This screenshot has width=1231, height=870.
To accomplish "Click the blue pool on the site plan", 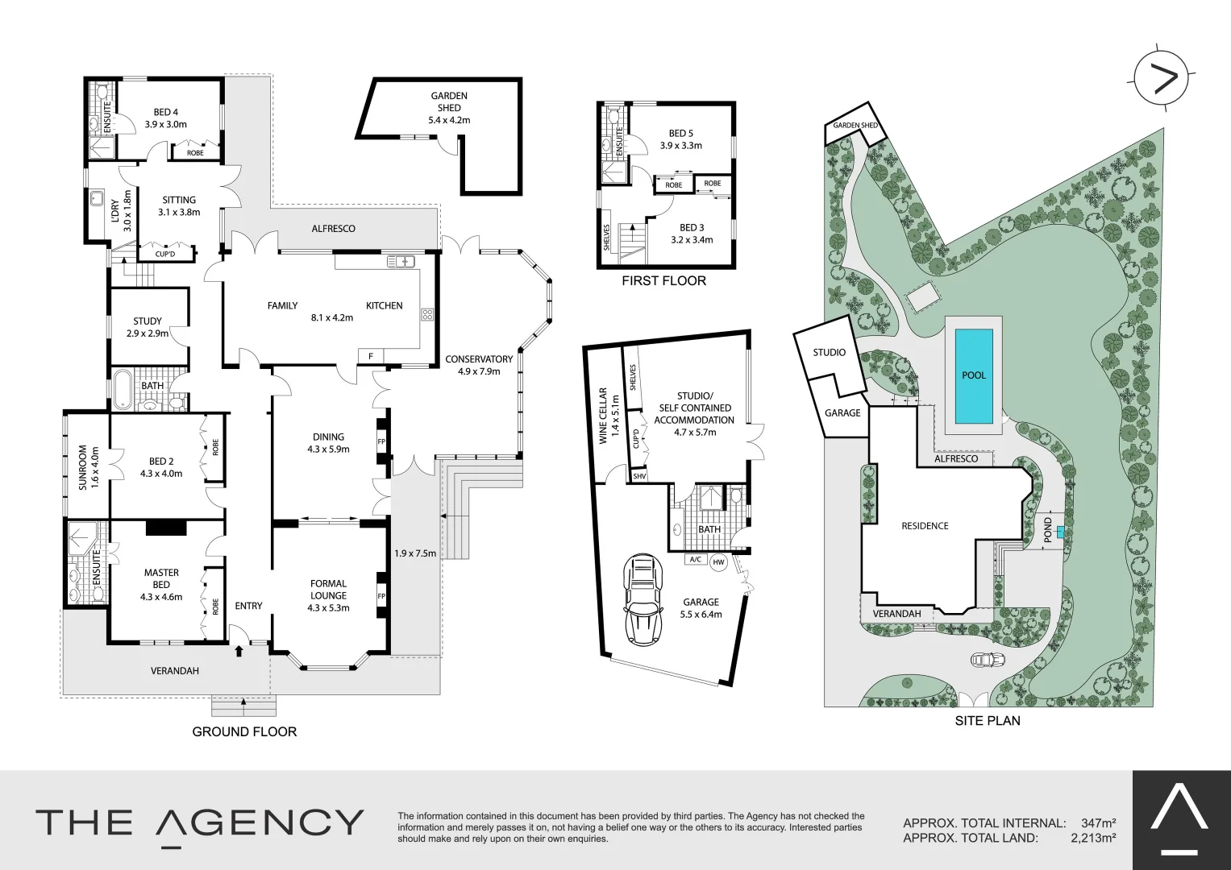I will tap(974, 376).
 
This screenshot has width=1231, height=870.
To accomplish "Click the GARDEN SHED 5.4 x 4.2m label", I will tap(449, 108).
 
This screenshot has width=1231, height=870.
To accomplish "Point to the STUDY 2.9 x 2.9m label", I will tap(148, 327).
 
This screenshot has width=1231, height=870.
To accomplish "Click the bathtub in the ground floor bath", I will tap(123, 390).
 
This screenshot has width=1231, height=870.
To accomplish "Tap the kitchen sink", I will tap(399, 261).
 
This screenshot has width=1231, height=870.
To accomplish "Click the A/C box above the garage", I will tap(694, 559).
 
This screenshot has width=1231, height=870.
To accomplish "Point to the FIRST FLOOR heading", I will tap(663, 281).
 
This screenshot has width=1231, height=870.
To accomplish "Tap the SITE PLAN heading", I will tap(987, 721).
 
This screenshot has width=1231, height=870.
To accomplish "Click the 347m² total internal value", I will tap(1099, 823).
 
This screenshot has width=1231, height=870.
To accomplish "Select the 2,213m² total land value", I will tap(1092, 838).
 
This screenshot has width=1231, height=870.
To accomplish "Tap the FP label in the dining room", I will tap(382, 442).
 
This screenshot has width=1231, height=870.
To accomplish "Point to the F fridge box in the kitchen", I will tap(371, 356).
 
